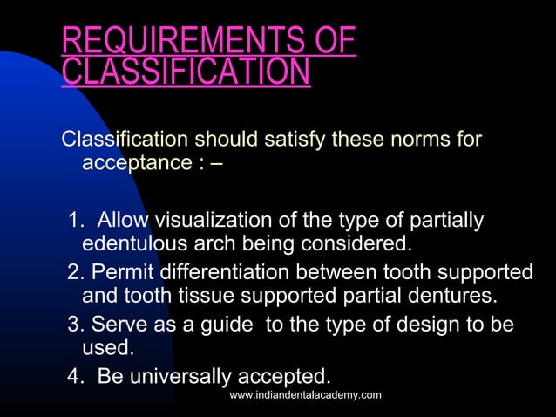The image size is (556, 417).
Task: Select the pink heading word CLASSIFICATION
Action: pos(186,72)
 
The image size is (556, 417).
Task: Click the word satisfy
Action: pos(288,140)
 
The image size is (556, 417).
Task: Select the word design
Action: pos(431,325)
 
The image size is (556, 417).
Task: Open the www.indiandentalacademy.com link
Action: pos(305,396)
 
